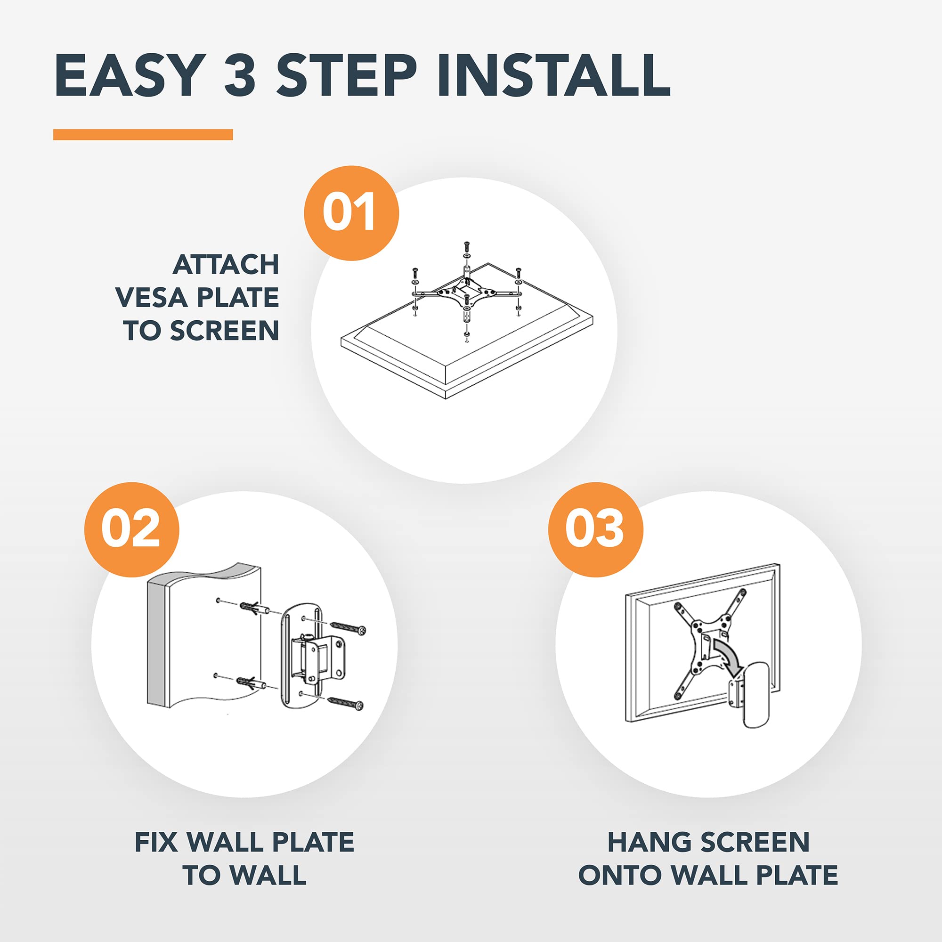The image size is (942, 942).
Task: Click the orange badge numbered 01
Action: [351, 213]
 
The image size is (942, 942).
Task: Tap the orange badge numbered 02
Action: [132, 529]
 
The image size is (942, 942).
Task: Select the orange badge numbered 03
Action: [595, 529]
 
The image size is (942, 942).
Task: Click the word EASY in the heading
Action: [130, 75]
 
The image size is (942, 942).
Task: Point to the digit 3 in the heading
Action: [240, 75]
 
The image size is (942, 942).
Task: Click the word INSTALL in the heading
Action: [554, 75]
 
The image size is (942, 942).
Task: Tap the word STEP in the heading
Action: [347, 75]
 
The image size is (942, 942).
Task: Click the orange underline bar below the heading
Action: [143, 135]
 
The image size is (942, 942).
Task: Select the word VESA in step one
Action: [152, 297]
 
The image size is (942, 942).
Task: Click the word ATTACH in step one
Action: [226, 265]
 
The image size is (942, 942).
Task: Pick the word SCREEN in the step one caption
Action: [225, 331]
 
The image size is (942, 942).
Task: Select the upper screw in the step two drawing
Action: [348, 627]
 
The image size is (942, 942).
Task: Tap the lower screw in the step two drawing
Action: [346, 702]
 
